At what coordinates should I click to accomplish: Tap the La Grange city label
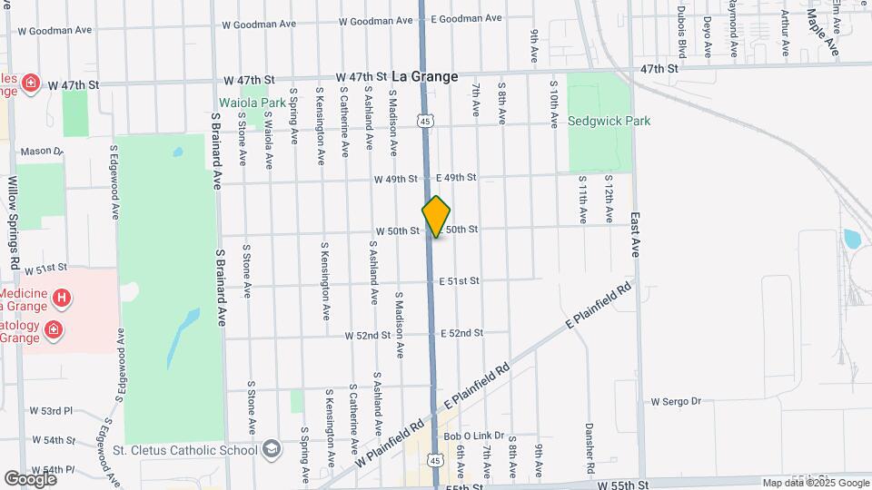tap(425, 77)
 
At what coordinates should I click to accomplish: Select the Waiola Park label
tap(253, 103)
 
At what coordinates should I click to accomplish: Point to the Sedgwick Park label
tap(609, 121)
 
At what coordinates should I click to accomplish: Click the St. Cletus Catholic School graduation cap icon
tap(271, 449)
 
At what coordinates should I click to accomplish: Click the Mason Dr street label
tap(41, 152)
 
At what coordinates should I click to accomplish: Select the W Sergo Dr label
tap(677, 401)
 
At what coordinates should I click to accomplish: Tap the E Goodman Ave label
tap(466, 18)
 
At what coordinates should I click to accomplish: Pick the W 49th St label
tap(395, 179)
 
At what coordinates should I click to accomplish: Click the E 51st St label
tap(459, 281)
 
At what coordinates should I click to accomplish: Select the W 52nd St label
tap(368, 335)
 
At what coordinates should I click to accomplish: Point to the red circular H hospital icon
tap(61, 297)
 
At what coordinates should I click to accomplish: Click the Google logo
tap(30, 478)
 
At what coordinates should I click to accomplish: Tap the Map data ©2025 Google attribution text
tap(814, 483)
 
